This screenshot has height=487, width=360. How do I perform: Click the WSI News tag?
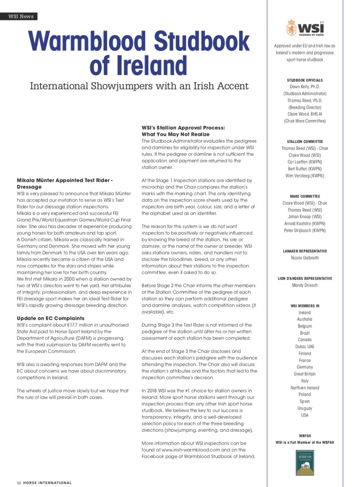click(x=21, y=16)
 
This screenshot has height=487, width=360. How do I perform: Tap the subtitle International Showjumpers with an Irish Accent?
click(x=139, y=86)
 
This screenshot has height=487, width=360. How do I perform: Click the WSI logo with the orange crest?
click(x=305, y=28)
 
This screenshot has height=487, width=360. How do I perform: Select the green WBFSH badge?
click(x=305, y=463)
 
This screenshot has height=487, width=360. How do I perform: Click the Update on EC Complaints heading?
click(x=50, y=318)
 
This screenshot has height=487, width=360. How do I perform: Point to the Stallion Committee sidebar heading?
click(x=305, y=142)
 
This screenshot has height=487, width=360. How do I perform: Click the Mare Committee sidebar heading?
click(x=305, y=196)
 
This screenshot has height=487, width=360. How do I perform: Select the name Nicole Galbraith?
click(x=305, y=258)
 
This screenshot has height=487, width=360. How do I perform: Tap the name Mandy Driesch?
click(x=305, y=285)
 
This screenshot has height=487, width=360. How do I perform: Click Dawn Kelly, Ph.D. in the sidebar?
click(x=305, y=87)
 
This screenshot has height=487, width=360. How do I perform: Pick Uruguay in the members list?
click(x=305, y=408)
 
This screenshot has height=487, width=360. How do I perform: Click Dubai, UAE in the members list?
click(x=305, y=346)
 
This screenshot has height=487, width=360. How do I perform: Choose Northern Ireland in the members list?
click(x=305, y=388)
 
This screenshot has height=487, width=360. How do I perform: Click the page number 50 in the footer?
click(x=19, y=483)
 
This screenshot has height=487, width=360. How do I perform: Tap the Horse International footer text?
click(x=47, y=483)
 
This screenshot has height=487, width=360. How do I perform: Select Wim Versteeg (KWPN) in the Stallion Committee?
click(x=305, y=176)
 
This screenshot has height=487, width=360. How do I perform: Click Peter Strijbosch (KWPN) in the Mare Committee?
click(x=305, y=230)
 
